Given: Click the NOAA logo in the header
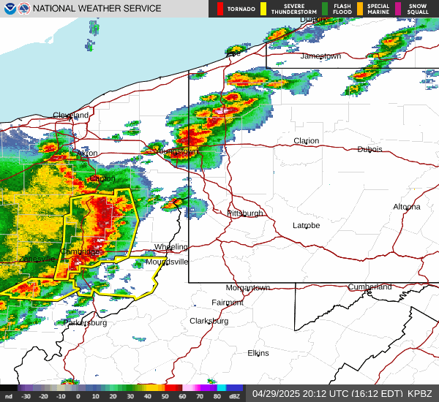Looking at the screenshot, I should click(x=8, y=8).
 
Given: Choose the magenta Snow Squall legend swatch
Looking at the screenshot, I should click(x=398, y=9).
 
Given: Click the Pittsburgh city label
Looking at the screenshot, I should click(x=245, y=213).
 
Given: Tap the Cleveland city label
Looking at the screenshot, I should click(x=71, y=115).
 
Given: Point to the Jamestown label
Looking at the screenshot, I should click(x=321, y=56).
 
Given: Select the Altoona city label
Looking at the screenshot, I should click(x=407, y=207).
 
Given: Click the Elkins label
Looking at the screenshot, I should click(x=258, y=353).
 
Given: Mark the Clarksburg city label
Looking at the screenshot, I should click(x=209, y=321).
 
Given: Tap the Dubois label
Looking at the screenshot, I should click(x=369, y=149).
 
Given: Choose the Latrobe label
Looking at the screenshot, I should click(x=307, y=225).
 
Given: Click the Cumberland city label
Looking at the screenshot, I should click(x=370, y=287).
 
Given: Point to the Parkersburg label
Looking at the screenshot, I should click(x=86, y=322).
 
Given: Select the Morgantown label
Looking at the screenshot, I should click(x=248, y=288).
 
